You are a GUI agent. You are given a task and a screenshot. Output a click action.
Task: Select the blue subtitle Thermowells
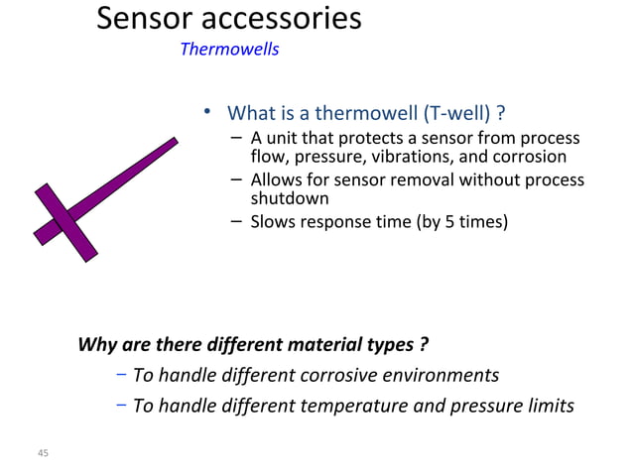point(229,50)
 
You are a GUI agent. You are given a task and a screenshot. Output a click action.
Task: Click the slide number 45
point(42,453)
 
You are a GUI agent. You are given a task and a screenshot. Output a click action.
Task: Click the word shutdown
point(290,198)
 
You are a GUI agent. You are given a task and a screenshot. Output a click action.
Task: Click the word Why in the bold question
point(96,345)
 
